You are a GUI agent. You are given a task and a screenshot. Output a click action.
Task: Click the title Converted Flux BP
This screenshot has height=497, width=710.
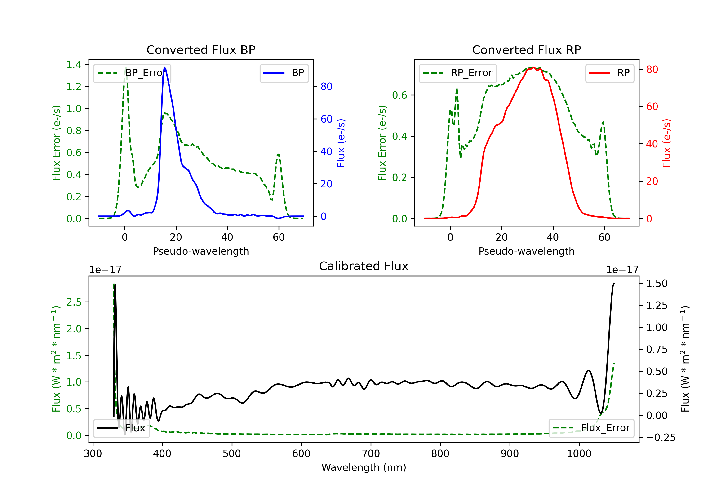coord(201,50)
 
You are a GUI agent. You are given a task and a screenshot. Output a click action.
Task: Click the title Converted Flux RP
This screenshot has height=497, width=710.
coord(526,50)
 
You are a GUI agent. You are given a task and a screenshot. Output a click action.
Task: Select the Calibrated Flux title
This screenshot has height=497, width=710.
coord(364,266)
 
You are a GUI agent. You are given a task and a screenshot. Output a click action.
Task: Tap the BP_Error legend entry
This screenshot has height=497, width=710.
coord(132,73)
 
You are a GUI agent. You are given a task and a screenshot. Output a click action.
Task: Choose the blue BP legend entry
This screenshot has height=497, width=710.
coord(284,73)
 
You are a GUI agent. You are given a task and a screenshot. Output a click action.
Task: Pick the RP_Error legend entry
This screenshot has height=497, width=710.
coord(458,73)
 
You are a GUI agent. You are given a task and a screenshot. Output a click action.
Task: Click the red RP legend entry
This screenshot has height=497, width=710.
coord(609,73)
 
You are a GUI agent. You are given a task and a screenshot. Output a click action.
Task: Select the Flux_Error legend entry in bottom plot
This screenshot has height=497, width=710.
coord(591,428)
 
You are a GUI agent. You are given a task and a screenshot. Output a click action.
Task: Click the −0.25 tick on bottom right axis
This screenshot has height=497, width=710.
coord(661,437)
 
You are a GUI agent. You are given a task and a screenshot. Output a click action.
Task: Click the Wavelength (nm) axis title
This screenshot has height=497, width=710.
coord(364,467)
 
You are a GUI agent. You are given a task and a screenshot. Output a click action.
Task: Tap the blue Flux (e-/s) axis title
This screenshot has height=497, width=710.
coord(341,143)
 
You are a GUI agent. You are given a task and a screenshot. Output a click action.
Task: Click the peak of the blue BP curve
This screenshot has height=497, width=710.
coord(164,67)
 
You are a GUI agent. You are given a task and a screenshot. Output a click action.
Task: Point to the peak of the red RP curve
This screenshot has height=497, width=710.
coord(533,67)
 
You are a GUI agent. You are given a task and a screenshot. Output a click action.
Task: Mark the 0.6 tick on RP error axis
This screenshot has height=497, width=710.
coord(399,95)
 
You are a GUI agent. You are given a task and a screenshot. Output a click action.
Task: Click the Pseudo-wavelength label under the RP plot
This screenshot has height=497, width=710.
coord(526,251)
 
